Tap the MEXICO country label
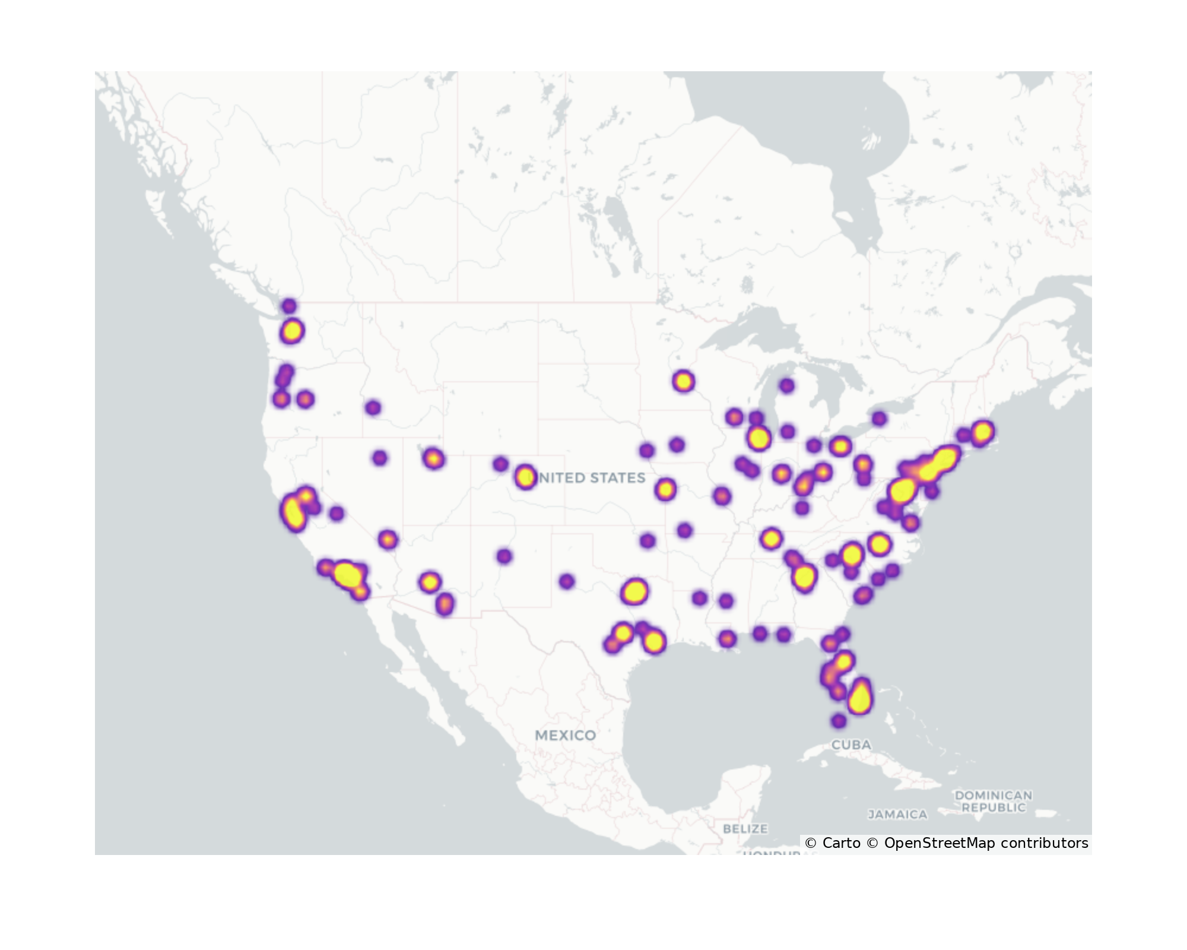point(565,735)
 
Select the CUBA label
point(851,745)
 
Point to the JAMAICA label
point(897,815)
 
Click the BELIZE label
point(745,828)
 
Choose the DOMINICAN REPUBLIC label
point(993,801)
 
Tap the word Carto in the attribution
point(841,843)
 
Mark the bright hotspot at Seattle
point(292,331)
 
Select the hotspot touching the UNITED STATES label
point(525,477)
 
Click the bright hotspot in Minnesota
point(683,381)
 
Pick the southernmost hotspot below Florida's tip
point(838,721)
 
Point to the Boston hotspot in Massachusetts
point(982,432)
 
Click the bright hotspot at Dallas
point(634,591)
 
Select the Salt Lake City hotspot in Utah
point(433,458)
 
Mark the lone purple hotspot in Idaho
point(373,408)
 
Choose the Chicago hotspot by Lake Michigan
point(758,439)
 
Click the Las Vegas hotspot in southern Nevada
point(388,540)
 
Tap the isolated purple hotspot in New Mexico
point(504,556)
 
